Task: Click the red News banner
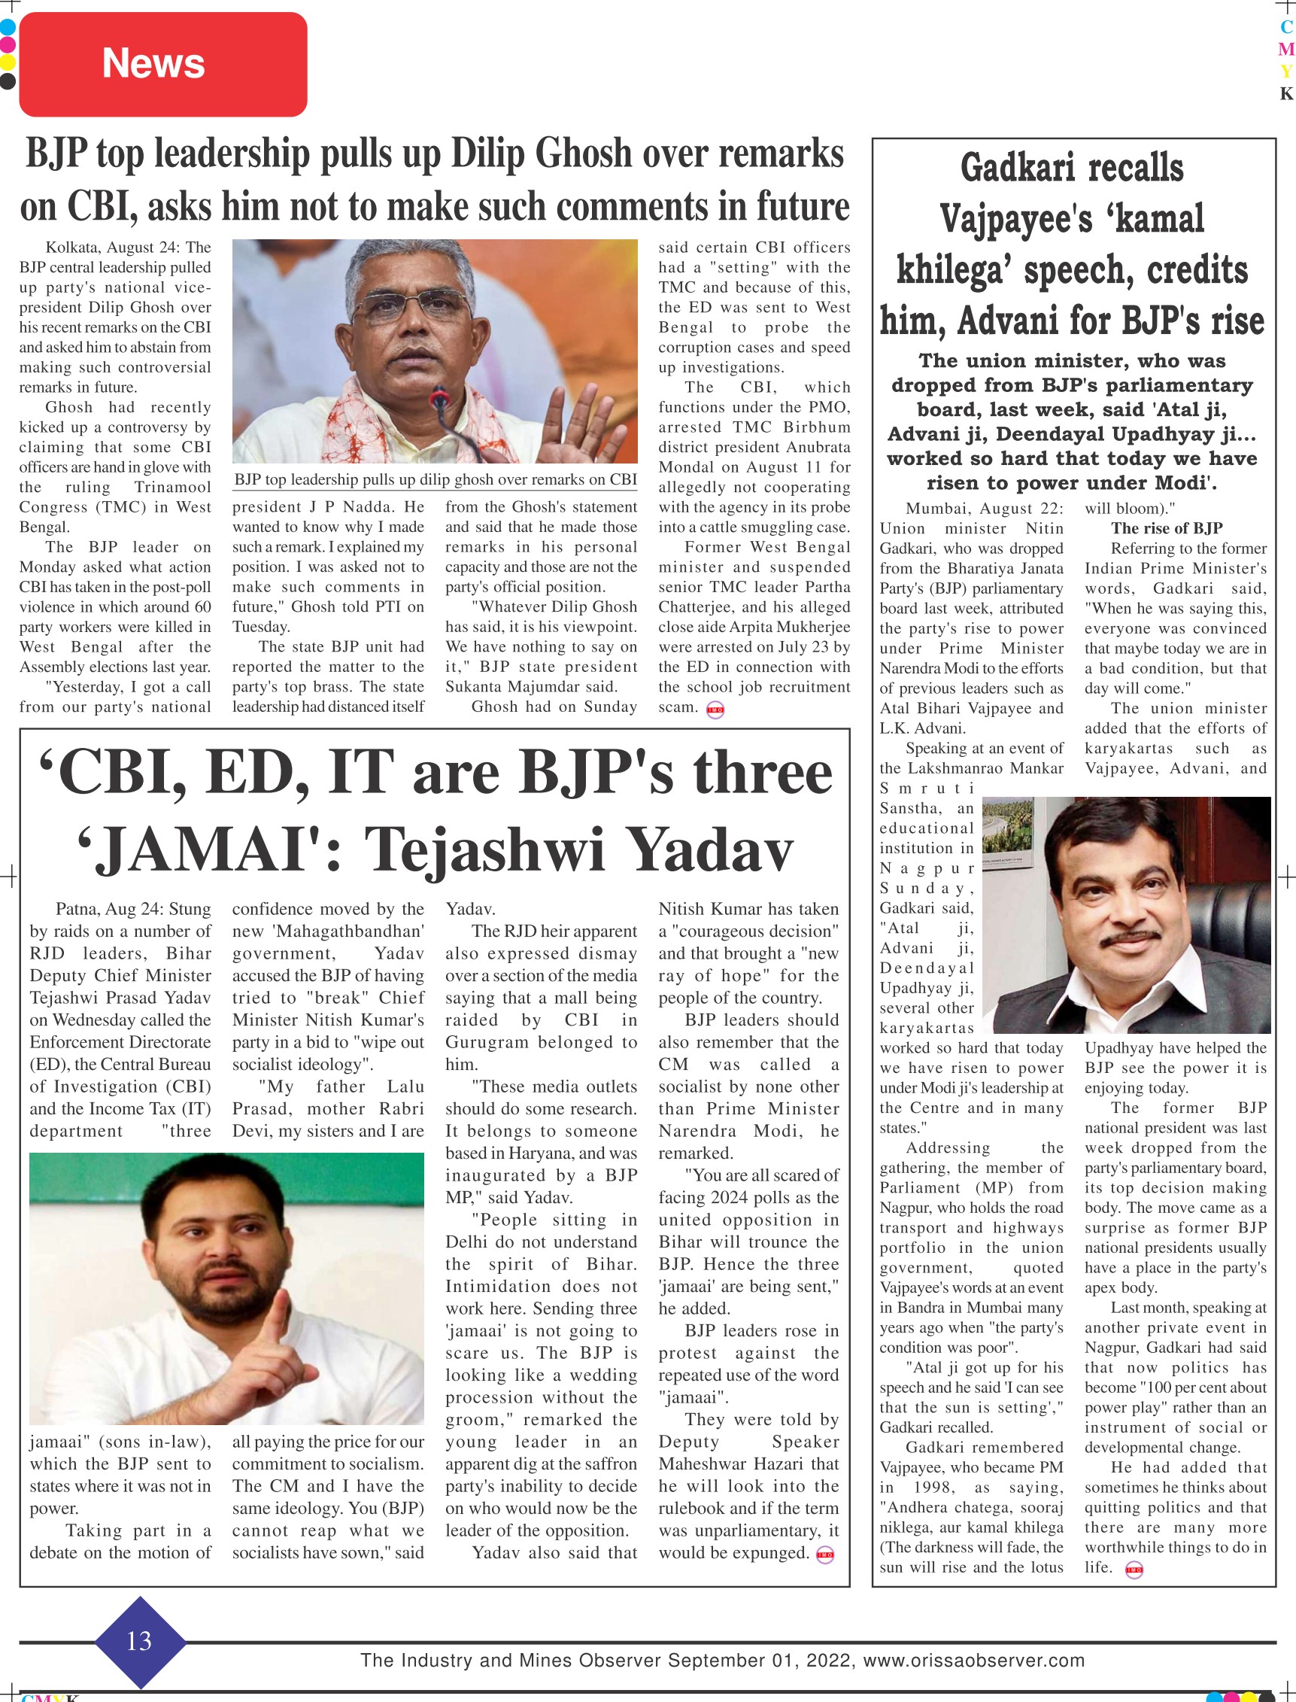[162, 64]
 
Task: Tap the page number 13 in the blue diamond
[140, 1640]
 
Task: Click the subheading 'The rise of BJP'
[1167, 528]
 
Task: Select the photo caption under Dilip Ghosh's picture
[435, 480]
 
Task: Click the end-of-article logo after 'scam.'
[715, 709]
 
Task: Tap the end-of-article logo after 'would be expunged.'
[824, 1555]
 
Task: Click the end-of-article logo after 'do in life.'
[1134, 1570]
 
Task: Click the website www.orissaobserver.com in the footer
[973, 1661]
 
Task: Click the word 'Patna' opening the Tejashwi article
[77, 909]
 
